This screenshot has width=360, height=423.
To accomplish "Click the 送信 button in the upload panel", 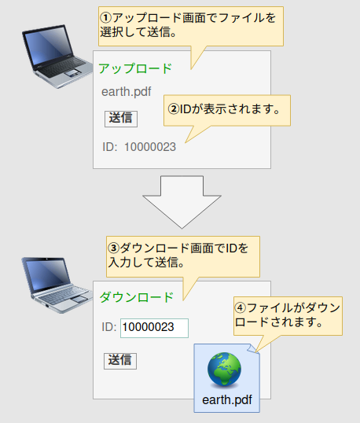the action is (x=121, y=119).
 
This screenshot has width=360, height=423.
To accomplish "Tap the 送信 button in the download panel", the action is (x=120, y=361).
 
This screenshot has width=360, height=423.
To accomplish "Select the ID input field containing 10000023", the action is (x=154, y=328).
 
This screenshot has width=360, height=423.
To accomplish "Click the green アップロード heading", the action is (x=135, y=68).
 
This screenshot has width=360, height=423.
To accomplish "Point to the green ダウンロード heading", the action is (x=137, y=297).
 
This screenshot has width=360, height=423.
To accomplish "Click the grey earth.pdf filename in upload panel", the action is (x=127, y=92).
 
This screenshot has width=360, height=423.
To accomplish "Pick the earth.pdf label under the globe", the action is (x=227, y=399).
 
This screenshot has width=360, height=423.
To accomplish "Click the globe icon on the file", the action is (x=224, y=369).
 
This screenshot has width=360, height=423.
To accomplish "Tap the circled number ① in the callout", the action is (x=105, y=18).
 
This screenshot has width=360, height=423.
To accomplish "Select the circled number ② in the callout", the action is (x=174, y=109).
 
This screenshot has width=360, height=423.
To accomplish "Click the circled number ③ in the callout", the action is (x=113, y=248).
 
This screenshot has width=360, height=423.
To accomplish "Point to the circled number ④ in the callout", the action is (x=241, y=307).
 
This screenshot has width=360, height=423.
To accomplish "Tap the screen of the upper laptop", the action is (x=48, y=47).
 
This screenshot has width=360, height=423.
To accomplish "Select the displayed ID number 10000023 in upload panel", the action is (x=150, y=147).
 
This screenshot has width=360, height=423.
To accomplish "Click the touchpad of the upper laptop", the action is (x=72, y=72).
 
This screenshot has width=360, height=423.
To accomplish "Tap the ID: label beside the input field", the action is (x=109, y=327).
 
